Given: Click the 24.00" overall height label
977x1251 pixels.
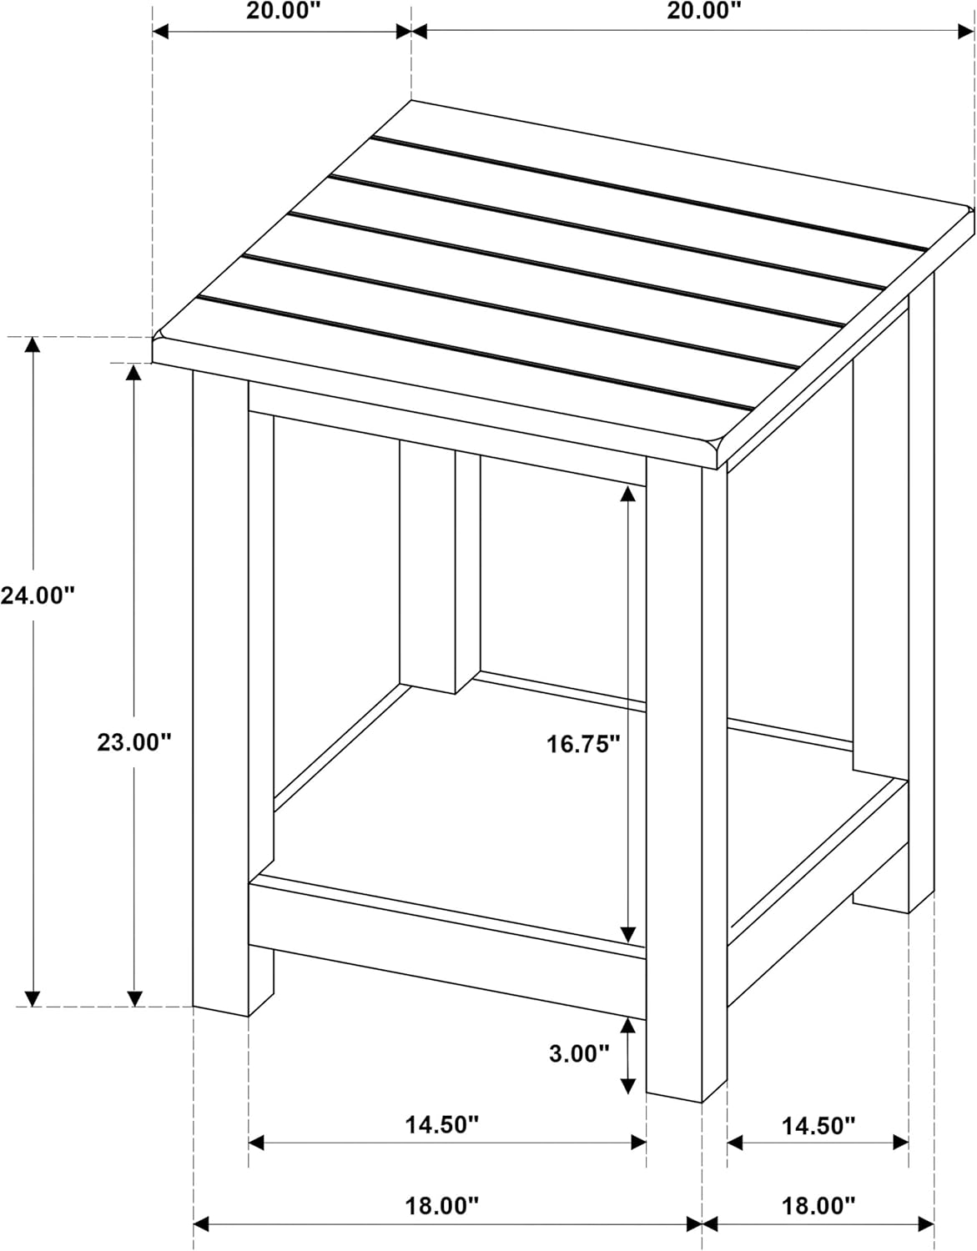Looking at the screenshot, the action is (x=38, y=595).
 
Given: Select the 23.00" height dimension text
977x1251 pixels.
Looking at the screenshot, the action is (x=134, y=742).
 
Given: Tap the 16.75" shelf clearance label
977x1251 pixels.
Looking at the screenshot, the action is (x=583, y=745).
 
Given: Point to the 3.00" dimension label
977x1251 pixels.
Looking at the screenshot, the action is (x=578, y=1053).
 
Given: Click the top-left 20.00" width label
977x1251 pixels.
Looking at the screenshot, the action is (x=283, y=10).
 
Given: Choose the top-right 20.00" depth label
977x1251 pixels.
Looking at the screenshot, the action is (x=704, y=10).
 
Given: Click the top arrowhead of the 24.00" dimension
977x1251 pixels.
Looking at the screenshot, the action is (x=33, y=344).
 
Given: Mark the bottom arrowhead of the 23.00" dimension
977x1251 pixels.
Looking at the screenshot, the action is (x=134, y=998).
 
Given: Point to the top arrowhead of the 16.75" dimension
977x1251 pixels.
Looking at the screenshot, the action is (x=627, y=494).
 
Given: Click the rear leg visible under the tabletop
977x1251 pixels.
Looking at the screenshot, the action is (x=440, y=567).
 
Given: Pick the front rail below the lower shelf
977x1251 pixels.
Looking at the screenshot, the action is (x=447, y=947).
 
